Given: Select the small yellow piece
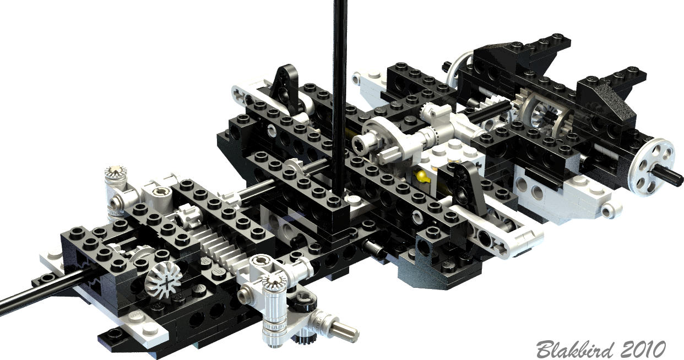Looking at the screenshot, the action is tap(421, 176).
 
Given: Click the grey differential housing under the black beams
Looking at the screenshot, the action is tap(546, 116).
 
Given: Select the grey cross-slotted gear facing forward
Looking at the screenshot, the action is tap(164, 280).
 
